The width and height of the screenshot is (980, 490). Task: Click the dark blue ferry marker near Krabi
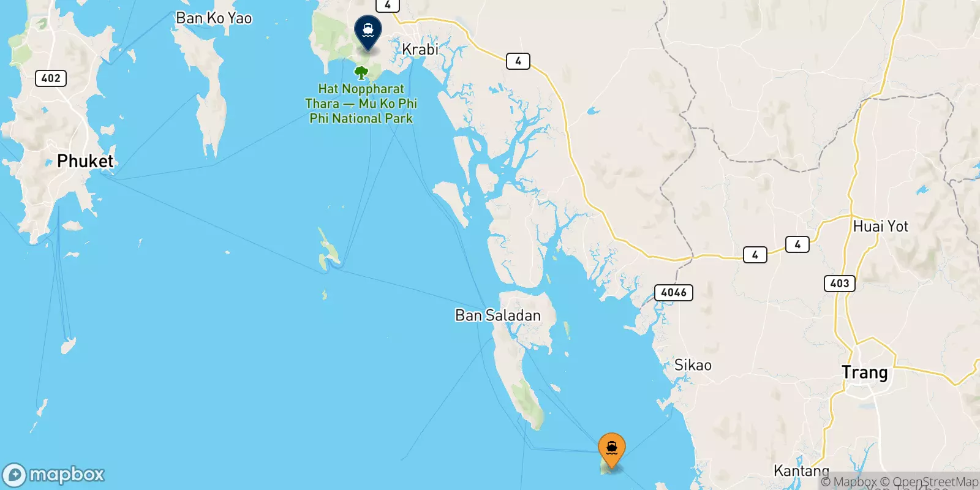(368, 31)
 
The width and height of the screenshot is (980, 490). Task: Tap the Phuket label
(85, 161)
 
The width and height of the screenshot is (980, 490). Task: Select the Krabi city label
(420, 49)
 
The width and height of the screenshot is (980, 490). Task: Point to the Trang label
(864, 372)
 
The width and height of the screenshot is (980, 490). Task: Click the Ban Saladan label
(497, 315)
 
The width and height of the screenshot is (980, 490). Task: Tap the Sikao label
(693, 366)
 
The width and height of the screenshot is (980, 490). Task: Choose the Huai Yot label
(880, 226)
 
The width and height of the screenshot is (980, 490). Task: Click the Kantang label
(801, 470)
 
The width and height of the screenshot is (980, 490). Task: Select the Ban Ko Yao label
(214, 18)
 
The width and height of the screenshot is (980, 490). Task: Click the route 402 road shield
(51, 78)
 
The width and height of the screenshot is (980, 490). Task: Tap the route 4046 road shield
(674, 293)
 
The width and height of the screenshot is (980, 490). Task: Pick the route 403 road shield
(839, 283)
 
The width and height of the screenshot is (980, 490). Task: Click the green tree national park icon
(361, 73)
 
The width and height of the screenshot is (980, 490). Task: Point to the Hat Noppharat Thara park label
(361, 104)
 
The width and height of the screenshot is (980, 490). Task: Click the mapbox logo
(54, 475)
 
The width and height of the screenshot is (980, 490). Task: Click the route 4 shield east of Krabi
(518, 61)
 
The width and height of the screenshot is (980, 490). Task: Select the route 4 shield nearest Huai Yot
(797, 244)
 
